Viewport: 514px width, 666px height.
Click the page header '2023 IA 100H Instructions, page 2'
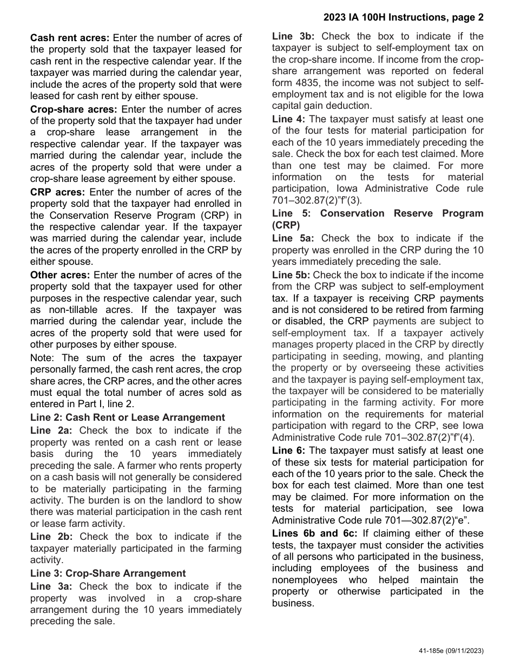coord(403,17)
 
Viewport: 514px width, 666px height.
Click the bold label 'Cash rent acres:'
coord(70,38)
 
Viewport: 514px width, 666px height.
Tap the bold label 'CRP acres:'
coord(57,192)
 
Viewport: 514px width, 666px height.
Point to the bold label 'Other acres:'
coord(60,275)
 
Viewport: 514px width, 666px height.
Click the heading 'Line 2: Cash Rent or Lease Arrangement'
coord(127,417)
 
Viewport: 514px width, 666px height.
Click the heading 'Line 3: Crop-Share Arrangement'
coord(108,573)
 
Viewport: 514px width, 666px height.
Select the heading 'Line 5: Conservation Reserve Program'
coord(378,213)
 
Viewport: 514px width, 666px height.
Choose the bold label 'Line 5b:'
coord(292,275)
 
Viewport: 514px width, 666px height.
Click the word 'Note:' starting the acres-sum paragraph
coord(42,358)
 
